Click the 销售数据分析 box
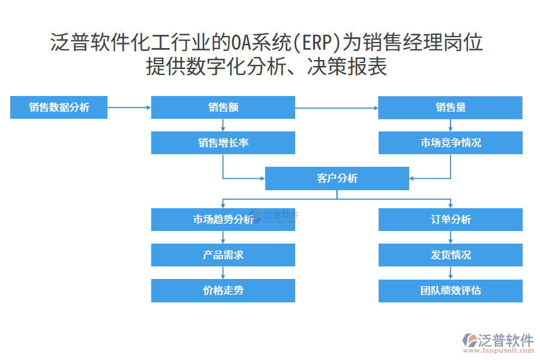[59, 107]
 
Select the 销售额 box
[223, 107]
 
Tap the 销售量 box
[450, 107]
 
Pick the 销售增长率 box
[223, 143]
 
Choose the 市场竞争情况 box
[450, 143]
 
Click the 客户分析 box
[337, 178]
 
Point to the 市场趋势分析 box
[223, 220]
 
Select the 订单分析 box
[450, 220]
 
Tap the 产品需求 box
[223, 255]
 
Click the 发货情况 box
[450, 255]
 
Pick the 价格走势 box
[223, 290]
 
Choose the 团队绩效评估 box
[450, 290]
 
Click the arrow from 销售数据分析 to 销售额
[129, 108]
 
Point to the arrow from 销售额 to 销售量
[336, 108]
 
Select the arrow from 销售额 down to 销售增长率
[223, 125]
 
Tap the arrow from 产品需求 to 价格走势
[223, 273]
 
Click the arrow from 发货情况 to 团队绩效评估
[450, 273]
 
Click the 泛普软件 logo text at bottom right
[506, 340]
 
